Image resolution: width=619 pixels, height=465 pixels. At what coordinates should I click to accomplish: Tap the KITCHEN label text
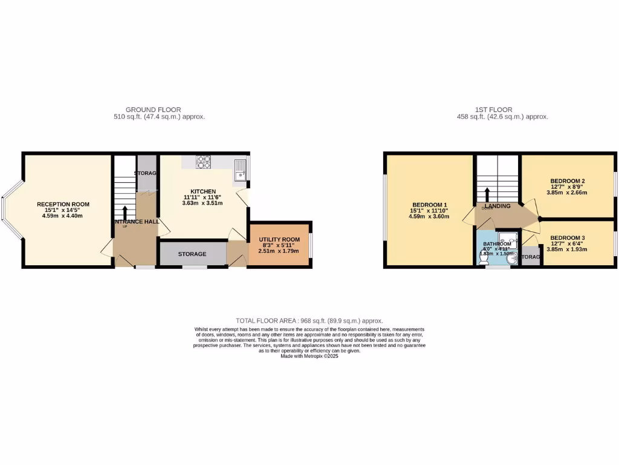(203, 191)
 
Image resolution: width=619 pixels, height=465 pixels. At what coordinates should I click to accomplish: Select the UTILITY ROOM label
(279, 240)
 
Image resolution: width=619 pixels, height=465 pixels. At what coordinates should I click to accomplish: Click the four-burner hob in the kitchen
(204, 162)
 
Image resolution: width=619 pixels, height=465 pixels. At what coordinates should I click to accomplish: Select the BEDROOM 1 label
(430, 205)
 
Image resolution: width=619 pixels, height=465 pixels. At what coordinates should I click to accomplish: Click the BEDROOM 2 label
(567, 181)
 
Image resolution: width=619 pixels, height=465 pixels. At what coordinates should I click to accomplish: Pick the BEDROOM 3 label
(567, 237)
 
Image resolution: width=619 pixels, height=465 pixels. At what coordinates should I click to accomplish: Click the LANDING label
(497, 206)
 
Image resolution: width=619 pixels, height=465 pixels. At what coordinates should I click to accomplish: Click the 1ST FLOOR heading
(502, 110)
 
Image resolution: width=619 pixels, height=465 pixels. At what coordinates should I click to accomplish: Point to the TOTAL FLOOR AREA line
(309, 321)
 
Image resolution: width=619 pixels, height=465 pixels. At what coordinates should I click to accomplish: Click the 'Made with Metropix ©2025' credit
(309, 357)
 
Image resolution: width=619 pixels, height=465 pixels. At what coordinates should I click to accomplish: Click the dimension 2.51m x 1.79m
(279, 251)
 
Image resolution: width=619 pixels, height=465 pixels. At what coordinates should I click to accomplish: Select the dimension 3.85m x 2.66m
(567, 193)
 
